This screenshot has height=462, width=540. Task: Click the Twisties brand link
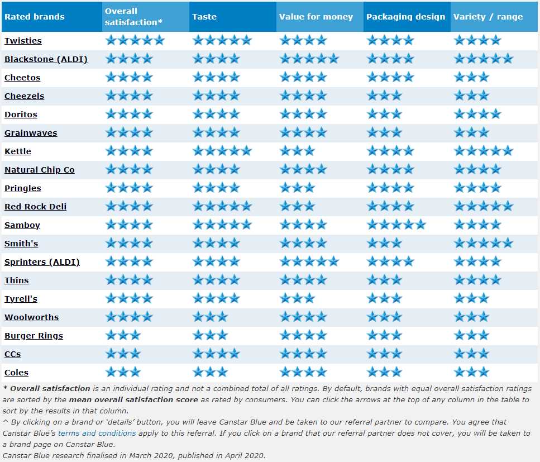coord(23,41)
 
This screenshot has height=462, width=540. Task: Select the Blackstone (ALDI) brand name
coord(46,59)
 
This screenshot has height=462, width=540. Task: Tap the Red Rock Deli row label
coord(35,207)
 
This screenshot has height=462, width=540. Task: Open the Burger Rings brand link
coord(34,336)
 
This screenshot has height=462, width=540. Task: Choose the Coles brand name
coord(16,373)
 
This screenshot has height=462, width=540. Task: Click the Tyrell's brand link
coord(21,299)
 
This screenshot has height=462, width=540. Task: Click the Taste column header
coord(204,17)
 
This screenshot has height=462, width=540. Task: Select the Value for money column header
coord(316,17)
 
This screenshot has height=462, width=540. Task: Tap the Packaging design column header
coord(405,17)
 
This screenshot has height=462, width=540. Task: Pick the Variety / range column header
coord(488,17)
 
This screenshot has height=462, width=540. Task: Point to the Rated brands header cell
coord(34,17)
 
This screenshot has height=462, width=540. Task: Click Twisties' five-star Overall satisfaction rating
coord(135,40)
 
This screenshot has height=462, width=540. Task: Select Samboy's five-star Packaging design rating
coord(396,225)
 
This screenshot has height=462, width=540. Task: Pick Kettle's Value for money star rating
coord(297,151)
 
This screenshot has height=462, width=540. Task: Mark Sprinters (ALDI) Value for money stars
coord(309,261)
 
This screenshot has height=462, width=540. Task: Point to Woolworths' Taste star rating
coord(210,317)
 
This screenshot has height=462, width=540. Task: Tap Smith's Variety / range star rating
coord(483,243)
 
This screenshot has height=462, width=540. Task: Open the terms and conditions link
coord(97,433)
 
